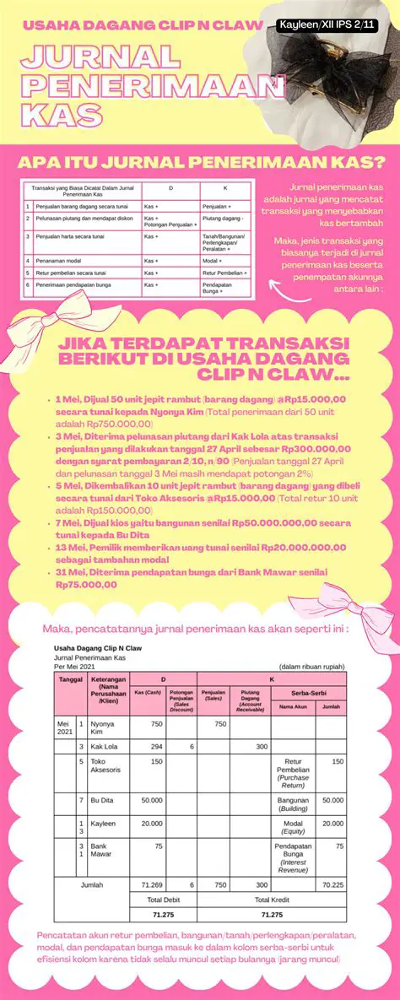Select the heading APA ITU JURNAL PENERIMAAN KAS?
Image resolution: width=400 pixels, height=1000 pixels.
(x=201, y=161)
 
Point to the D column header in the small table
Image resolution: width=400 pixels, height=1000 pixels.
(x=170, y=189)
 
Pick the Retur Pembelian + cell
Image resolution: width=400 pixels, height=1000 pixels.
(x=224, y=273)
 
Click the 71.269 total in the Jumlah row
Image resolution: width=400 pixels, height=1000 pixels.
(x=152, y=884)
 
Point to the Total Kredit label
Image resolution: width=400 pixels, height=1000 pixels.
(x=273, y=900)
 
